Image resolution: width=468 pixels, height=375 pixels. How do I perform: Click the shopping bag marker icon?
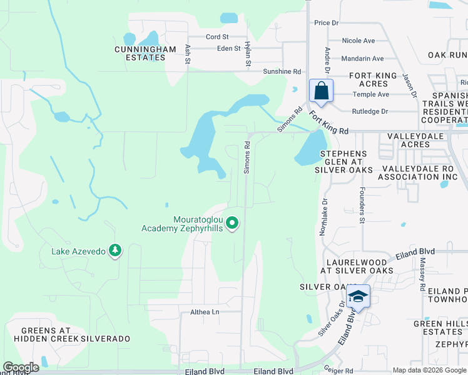(x=321, y=91)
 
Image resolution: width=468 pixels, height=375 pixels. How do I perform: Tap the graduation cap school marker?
(x=358, y=296)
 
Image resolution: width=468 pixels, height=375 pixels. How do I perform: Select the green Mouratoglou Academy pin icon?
(x=233, y=222)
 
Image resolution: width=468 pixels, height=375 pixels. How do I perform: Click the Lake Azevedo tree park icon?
(x=114, y=251)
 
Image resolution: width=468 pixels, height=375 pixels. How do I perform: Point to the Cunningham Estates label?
(x=140, y=52)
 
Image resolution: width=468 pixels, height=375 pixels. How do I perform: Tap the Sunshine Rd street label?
(x=282, y=72)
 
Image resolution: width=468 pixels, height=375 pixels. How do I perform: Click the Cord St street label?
(x=217, y=37)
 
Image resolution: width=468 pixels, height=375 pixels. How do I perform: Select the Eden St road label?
(x=228, y=48)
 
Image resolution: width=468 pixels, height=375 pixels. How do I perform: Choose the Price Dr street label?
(x=326, y=23)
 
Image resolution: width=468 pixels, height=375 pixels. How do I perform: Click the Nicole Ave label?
(x=359, y=41)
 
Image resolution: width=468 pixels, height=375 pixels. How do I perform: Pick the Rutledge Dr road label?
(x=370, y=111)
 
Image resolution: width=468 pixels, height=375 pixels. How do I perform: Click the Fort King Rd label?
(x=329, y=123)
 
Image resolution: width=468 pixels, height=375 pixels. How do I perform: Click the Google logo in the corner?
(x=21, y=367)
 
